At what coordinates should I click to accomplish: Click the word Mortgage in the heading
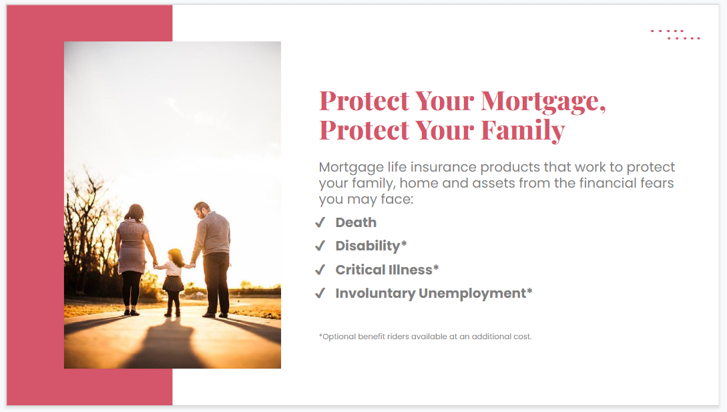[x=541, y=101]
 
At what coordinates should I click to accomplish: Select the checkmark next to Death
[x=320, y=222]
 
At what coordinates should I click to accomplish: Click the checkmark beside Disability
[x=320, y=246]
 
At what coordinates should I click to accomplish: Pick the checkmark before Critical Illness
[x=320, y=270]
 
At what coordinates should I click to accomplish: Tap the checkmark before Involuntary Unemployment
[x=320, y=293]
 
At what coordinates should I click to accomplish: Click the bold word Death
[x=356, y=222]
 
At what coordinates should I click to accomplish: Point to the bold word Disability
[x=367, y=246]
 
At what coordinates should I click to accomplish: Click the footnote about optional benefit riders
[x=425, y=337]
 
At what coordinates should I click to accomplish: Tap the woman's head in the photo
[x=134, y=212]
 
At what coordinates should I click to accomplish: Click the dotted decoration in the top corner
[x=675, y=34]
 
